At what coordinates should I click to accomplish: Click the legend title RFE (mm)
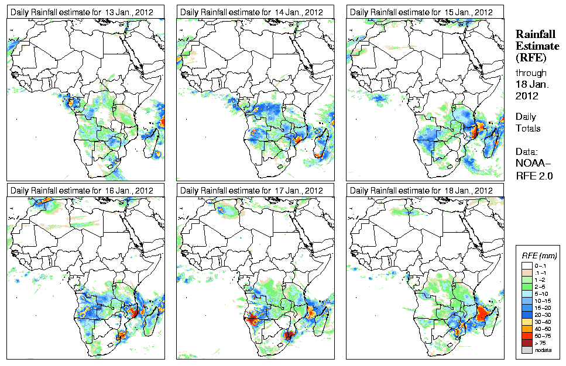[x=539, y=255]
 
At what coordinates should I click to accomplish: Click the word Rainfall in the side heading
[x=534, y=34]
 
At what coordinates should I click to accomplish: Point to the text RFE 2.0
[x=534, y=174]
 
